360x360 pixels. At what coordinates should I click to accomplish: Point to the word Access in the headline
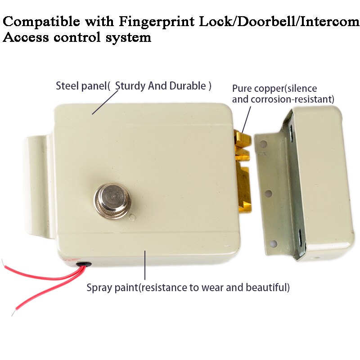click(25, 37)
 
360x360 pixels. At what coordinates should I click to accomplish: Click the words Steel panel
click(81, 86)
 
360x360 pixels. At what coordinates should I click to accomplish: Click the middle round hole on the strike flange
click(268, 193)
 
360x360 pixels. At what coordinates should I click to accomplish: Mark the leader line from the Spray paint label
click(145, 265)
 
